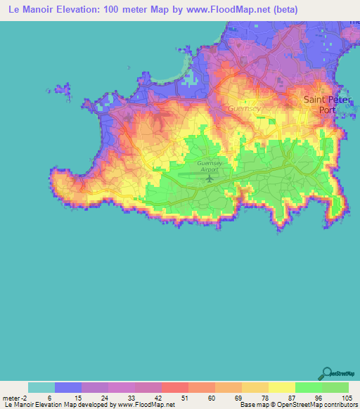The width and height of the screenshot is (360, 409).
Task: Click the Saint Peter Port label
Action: [324, 104]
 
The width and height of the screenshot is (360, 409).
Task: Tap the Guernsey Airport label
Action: [210, 167]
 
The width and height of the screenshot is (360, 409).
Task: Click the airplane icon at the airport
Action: [210, 178]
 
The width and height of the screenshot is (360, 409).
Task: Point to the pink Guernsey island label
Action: [244, 108]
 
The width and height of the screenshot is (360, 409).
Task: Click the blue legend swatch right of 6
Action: [68, 387]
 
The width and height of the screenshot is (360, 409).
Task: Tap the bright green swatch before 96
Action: [308, 387]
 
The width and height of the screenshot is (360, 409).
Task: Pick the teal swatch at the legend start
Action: [41, 387]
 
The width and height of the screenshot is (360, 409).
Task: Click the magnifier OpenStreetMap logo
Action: [327, 372]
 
